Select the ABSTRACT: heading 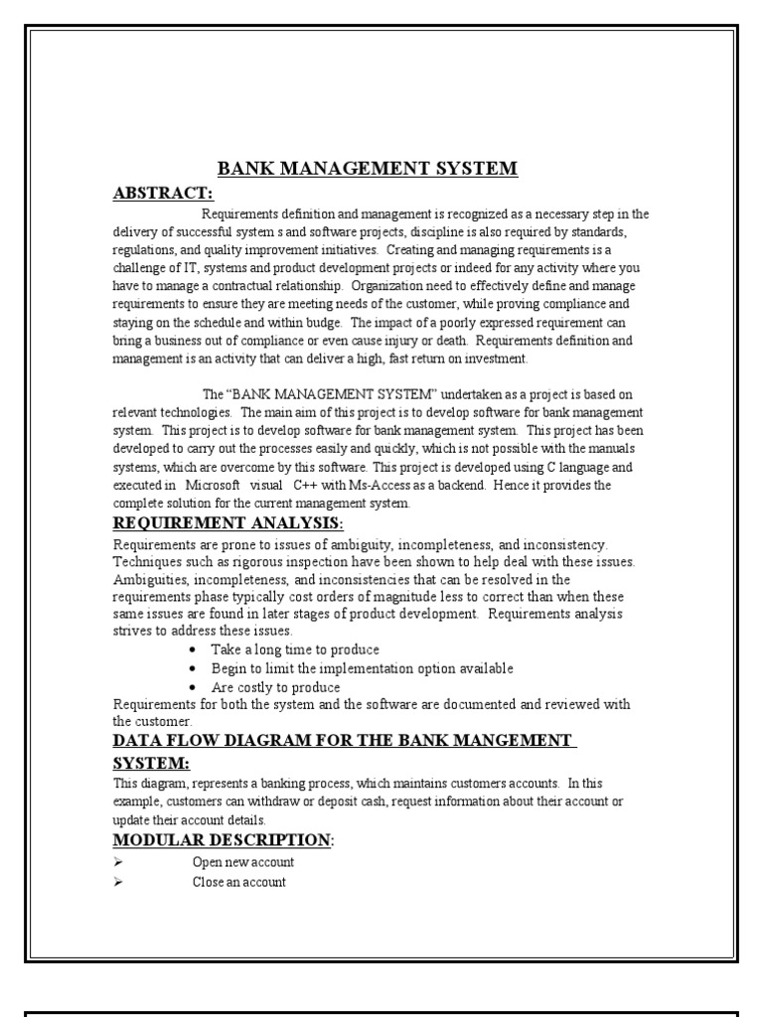[163, 193]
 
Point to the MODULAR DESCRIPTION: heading [224, 840]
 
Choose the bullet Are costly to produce [275, 687]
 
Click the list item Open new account [242, 862]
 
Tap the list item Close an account [238, 882]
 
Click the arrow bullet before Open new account [117, 862]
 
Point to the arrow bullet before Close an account [117, 882]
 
